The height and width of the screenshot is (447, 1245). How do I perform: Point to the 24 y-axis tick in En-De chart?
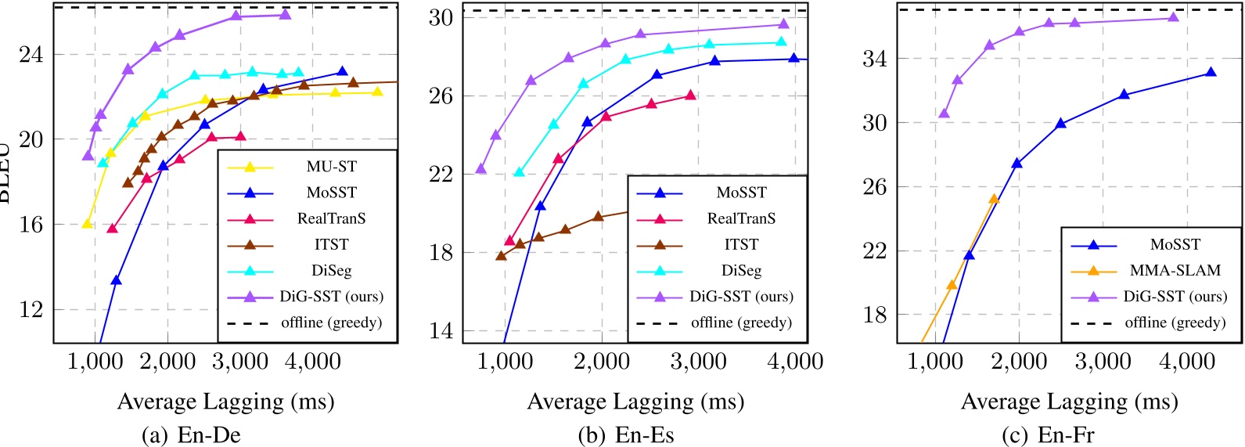[32, 55]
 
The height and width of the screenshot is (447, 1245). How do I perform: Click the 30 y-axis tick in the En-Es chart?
[441, 17]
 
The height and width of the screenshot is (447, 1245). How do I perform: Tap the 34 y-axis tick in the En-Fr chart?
[876, 59]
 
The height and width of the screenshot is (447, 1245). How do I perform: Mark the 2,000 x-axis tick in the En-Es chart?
[601, 362]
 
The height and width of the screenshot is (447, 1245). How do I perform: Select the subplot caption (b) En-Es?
[625, 435]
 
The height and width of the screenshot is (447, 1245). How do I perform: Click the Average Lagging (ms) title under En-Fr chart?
[1069, 402]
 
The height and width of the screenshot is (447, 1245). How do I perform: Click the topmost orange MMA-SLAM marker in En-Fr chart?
[994, 199]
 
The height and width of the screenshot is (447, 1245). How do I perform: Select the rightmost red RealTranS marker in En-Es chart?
[690, 95]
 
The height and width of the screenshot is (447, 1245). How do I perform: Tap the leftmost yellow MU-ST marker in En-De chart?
[88, 223]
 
